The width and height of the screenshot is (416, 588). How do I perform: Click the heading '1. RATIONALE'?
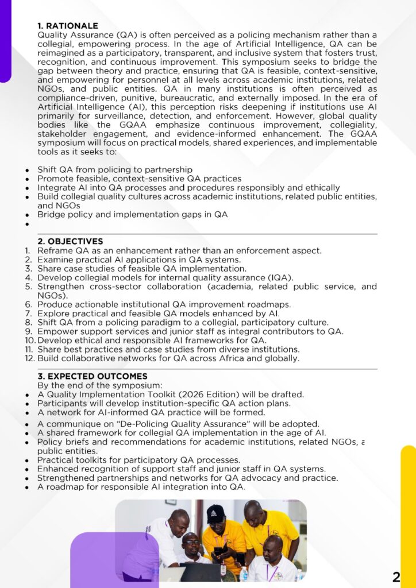click(68, 26)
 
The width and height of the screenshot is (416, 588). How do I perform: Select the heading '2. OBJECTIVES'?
click(70, 241)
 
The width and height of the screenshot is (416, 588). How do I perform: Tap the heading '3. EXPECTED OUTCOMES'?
click(92, 376)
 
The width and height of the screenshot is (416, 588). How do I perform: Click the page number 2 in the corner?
click(396, 577)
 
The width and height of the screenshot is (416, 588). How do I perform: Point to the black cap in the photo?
click(215, 512)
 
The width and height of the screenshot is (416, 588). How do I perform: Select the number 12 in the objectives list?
click(30, 358)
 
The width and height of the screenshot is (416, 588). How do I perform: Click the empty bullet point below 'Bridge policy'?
click(27, 224)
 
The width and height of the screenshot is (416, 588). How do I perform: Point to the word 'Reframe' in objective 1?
click(54, 250)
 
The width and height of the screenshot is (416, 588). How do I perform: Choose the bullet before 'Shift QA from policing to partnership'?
click(27, 170)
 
